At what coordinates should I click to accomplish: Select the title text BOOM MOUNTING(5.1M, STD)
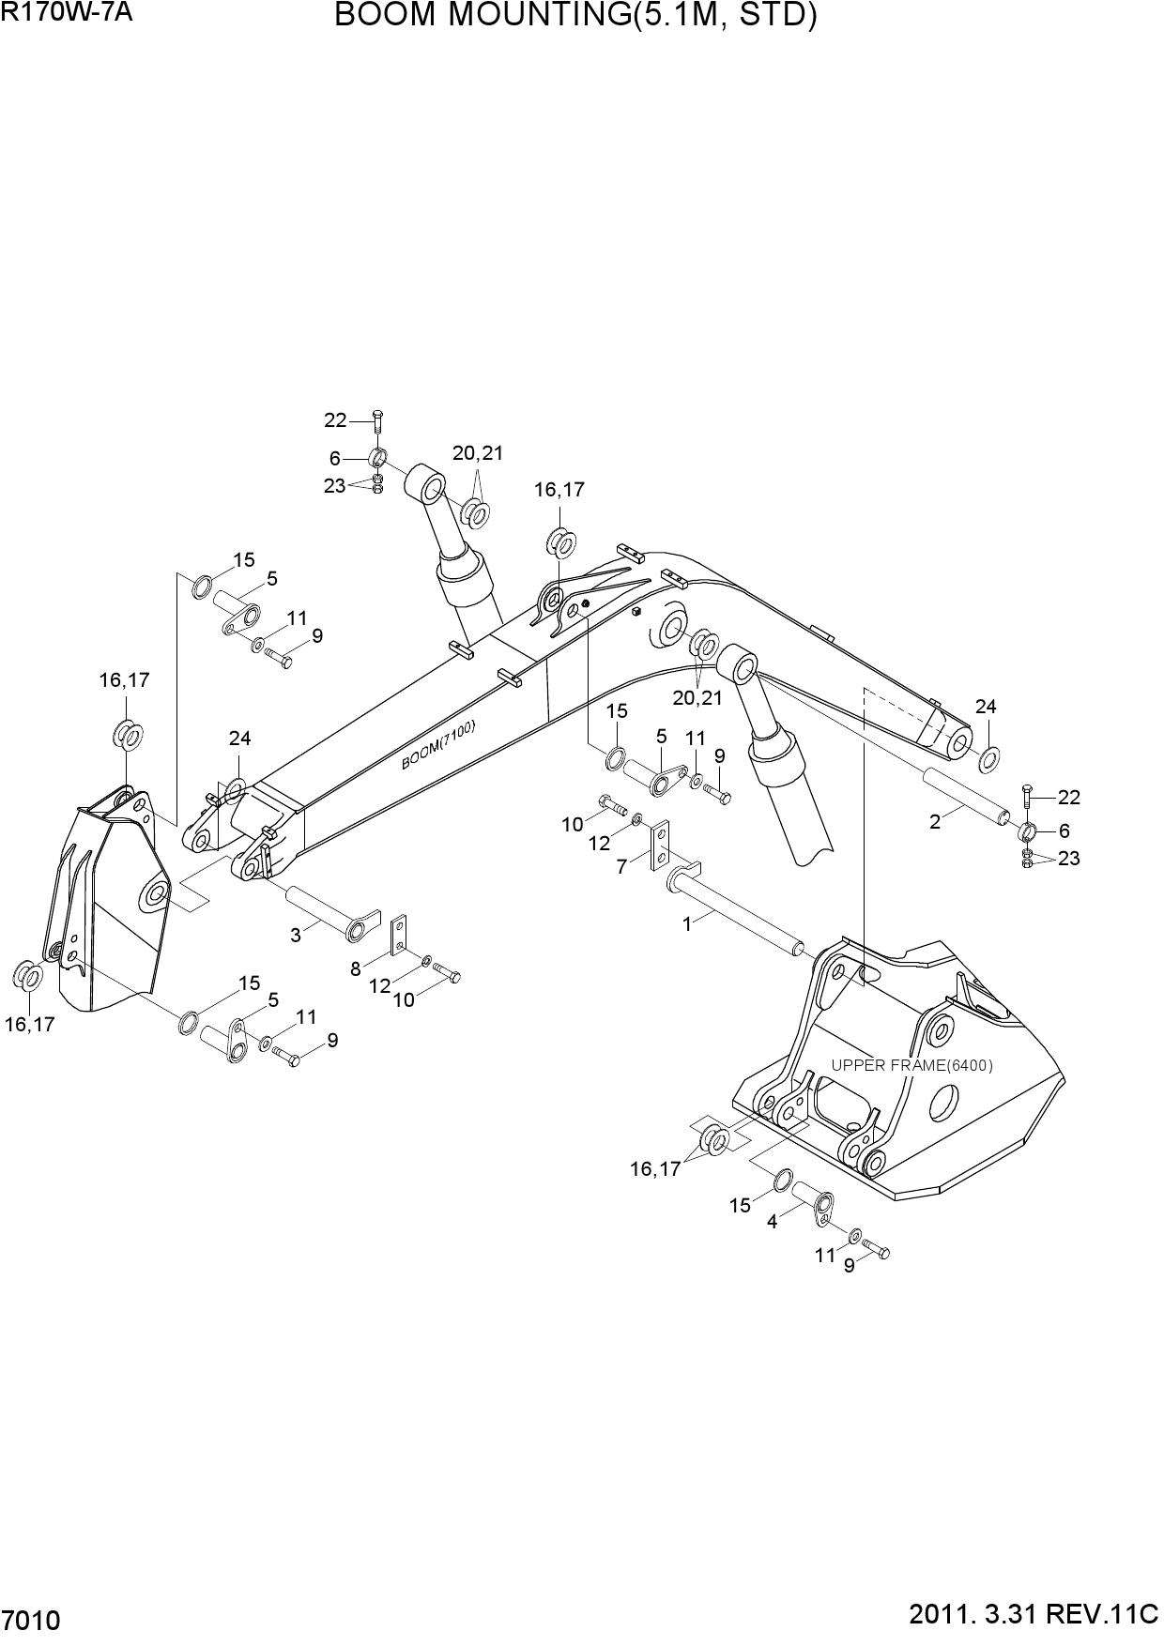(x=575, y=16)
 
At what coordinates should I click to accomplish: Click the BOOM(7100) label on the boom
(x=439, y=744)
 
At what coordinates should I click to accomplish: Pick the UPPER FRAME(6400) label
(x=911, y=1065)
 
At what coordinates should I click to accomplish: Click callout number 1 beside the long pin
(x=686, y=924)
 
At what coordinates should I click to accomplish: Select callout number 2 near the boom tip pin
(x=935, y=822)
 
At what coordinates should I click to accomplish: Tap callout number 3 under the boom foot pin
(x=295, y=935)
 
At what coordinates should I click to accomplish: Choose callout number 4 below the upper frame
(x=772, y=1222)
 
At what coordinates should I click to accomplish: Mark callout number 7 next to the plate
(x=621, y=867)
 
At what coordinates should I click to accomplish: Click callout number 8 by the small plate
(x=356, y=968)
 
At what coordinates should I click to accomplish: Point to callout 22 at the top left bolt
(x=335, y=420)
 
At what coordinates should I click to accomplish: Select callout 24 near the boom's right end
(x=986, y=707)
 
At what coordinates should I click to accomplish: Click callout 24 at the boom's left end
(x=239, y=739)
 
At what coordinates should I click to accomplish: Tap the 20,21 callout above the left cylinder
(x=478, y=453)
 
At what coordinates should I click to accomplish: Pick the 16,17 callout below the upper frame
(x=654, y=1168)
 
